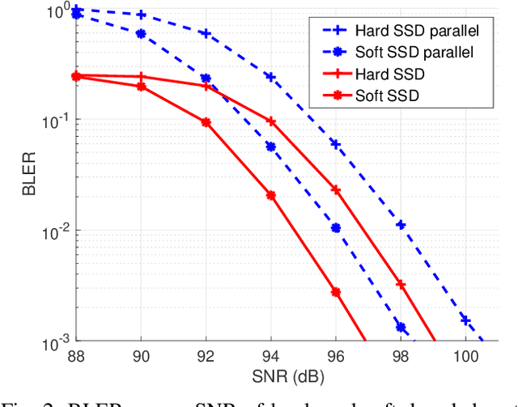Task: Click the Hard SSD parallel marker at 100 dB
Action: [x=465, y=320]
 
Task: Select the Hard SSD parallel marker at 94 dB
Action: [x=271, y=77]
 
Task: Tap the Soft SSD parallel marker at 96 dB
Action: [x=336, y=228]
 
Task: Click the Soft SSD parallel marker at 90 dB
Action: [x=142, y=34]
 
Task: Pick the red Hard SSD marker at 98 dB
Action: [x=401, y=284]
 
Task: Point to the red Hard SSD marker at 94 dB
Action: [x=271, y=121]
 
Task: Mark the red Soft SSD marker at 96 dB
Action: [x=336, y=292]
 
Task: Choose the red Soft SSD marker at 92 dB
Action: [x=206, y=122]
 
